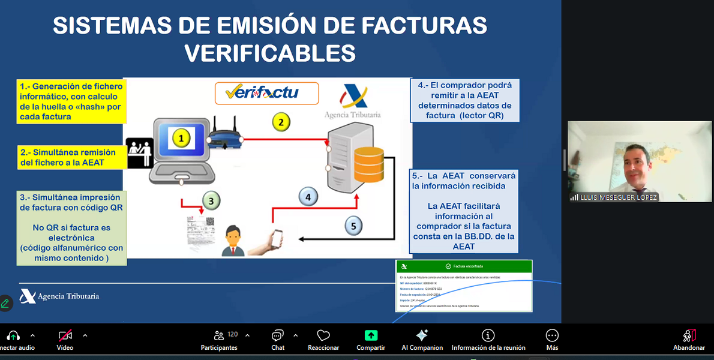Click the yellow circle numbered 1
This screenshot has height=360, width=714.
(x=182, y=139)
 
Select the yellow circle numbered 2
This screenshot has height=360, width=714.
(x=280, y=122)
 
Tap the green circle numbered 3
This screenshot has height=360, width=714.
(x=211, y=200)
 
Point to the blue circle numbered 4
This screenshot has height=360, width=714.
(x=308, y=196)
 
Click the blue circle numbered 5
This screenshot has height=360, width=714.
(x=353, y=226)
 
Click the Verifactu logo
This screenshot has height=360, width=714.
(x=266, y=93)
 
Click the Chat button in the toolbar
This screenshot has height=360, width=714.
(x=278, y=339)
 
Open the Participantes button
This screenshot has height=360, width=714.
(x=220, y=339)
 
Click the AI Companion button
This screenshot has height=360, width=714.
(x=422, y=339)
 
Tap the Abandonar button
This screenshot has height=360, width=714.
(x=689, y=339)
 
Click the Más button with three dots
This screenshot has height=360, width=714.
(x=552, y=339)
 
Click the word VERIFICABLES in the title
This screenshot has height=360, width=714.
(x=270, y=53)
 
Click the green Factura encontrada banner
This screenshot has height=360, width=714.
(x=464, y=266)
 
